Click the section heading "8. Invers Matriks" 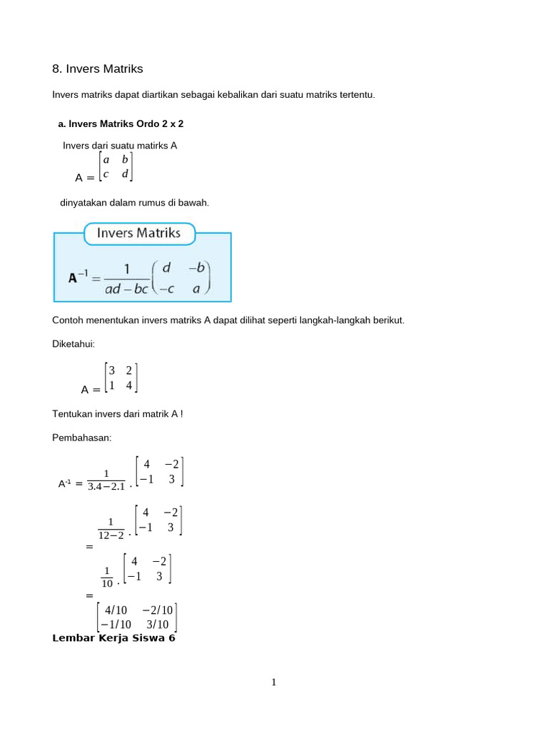click(x=98, y=69)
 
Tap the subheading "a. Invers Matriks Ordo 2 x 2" click(x=121, y=123)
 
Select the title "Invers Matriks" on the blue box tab click(x=138, y=233)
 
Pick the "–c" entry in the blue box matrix click(x=167, y=288)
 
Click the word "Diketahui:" click(x=73, y=344)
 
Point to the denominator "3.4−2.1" click(x=106, y=487)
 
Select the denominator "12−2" click(x=111, y=535)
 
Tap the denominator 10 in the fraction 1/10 click(x=107, y=583)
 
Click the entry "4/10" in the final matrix click(x=115, y=610)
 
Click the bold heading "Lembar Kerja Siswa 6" click(x=114, y=638)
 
